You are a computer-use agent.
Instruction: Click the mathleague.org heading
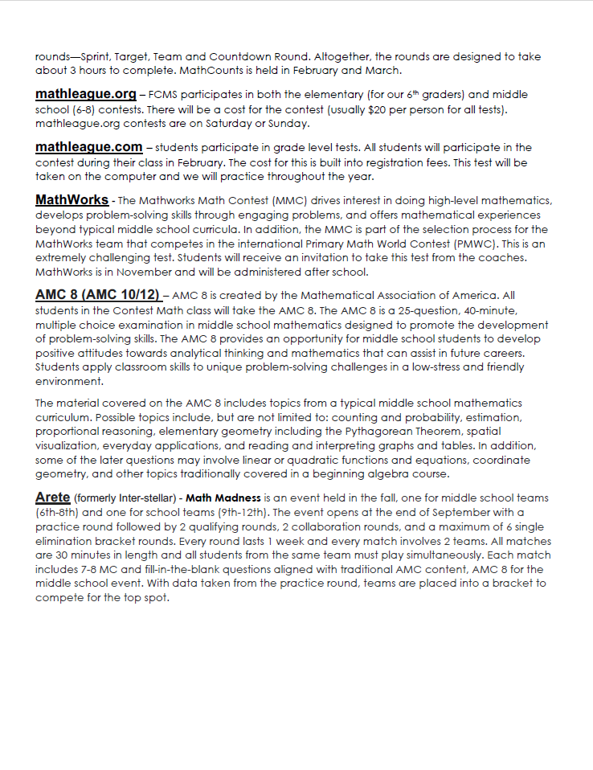pos(85,94)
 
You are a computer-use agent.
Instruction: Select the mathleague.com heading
pos(88,147)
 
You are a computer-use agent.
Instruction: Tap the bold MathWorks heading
pos(72,199)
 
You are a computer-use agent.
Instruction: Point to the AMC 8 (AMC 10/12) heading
pos(97,294)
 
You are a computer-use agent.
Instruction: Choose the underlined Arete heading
pos(53,498)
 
